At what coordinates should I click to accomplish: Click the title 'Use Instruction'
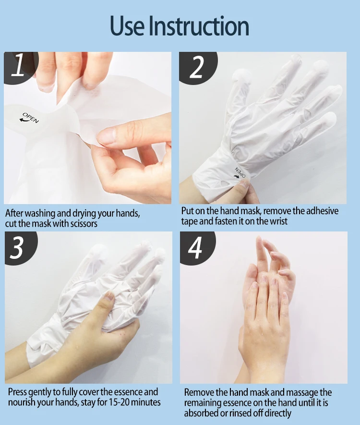(x=180, y=26)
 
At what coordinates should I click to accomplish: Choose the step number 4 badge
(x=195, y=248)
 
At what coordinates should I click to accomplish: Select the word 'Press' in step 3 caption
(x=18, y=392)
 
